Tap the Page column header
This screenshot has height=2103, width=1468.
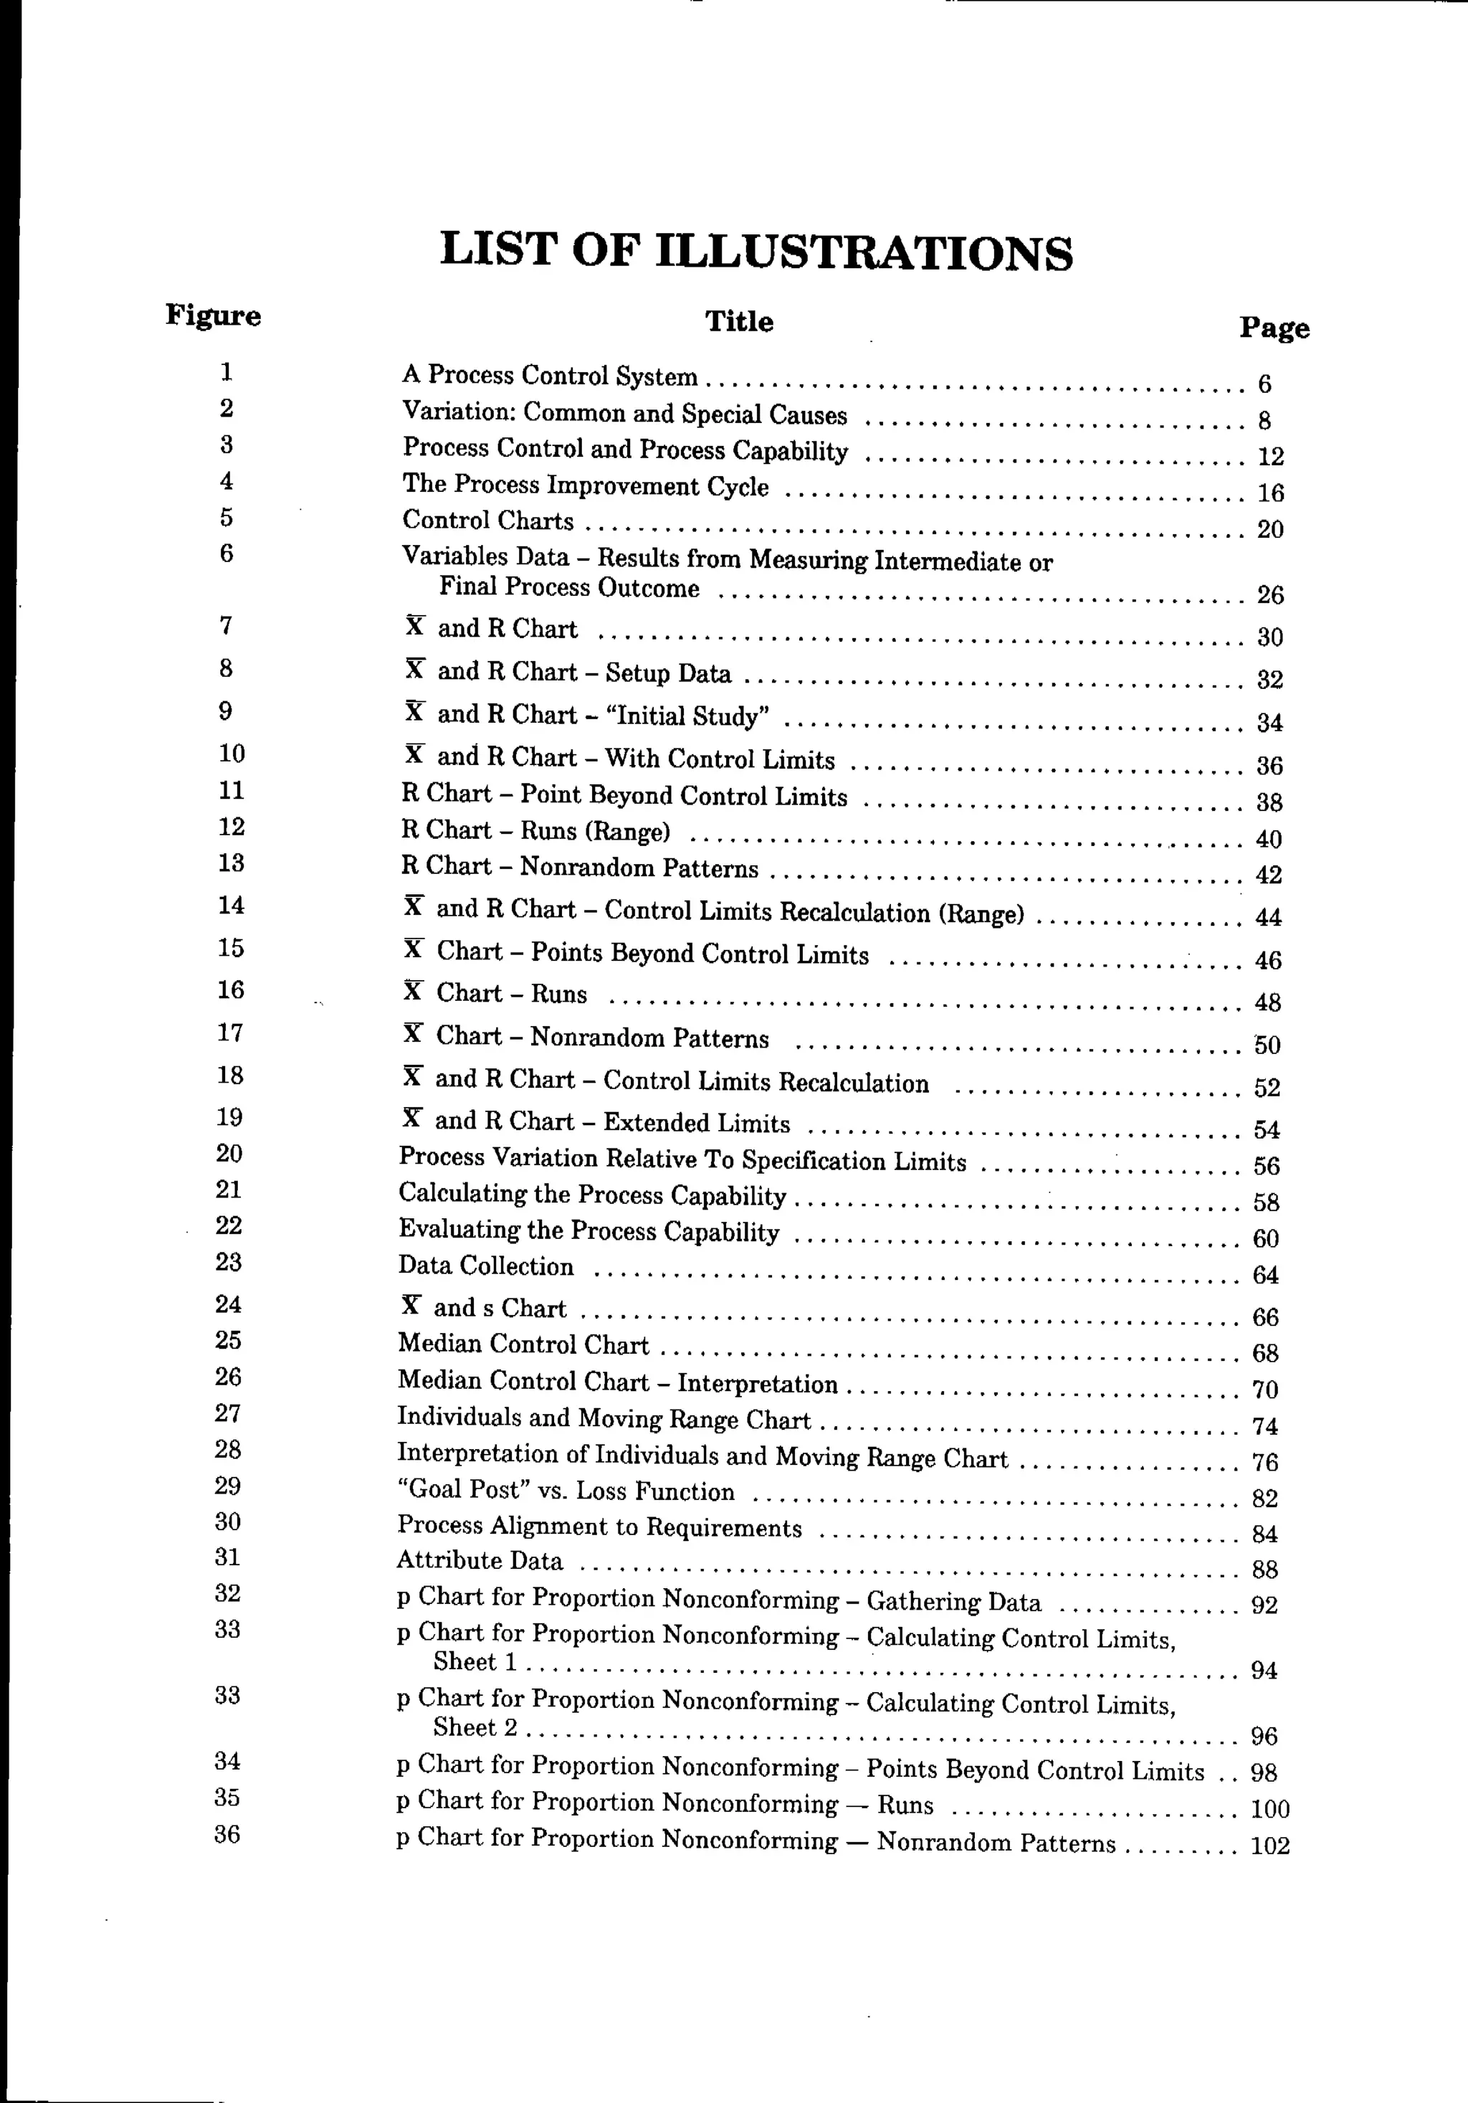(1274, 328)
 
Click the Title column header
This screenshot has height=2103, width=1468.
(739, 321)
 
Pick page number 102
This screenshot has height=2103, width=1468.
(1269, 1846)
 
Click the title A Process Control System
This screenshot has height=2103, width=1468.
(550, 376)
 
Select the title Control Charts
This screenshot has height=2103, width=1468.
(488, 521)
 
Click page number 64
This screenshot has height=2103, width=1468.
(1264, 1275)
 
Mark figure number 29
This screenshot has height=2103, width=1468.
(227, 1486)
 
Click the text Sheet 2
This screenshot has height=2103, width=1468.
(475, 1727)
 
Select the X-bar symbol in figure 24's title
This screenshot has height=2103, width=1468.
(411, 1305)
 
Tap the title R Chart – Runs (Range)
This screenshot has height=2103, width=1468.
(535, 831)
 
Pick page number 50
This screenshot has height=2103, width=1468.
(1267, 1045)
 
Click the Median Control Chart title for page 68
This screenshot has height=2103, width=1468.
(523, 1344)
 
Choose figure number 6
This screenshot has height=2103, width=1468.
(227, 554)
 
